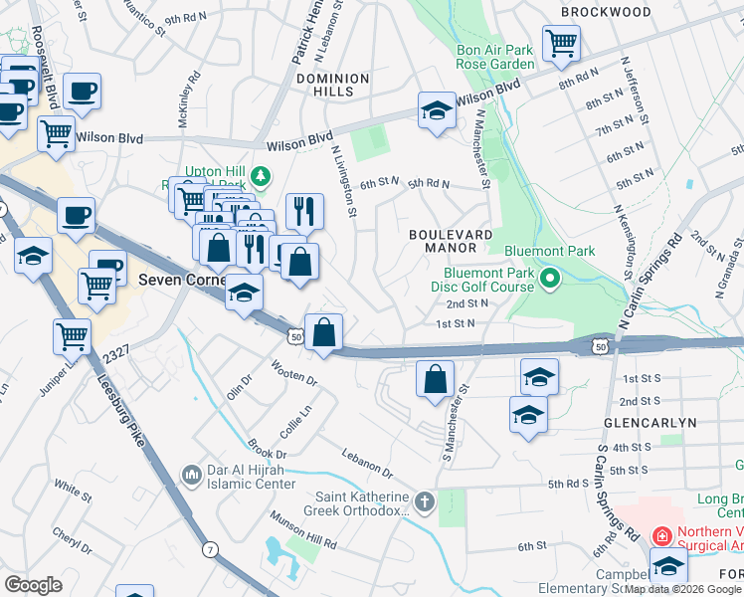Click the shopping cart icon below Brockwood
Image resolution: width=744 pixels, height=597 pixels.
tap(561, 44)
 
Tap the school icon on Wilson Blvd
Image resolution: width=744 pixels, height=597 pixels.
tap(437, 111)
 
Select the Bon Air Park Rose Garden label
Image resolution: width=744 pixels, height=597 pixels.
tap(481, 57)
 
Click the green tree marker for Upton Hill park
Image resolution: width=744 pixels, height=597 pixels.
tap(261, 177)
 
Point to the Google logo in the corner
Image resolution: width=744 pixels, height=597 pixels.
tap(33, 584)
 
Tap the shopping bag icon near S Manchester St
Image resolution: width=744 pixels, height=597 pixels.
tap(435, 380)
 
